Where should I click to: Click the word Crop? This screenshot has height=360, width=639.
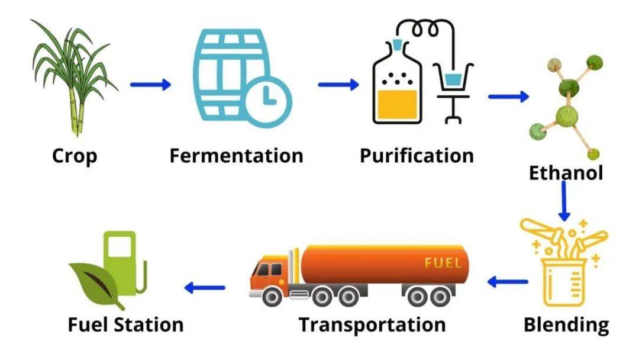75,156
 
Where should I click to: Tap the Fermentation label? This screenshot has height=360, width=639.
236,156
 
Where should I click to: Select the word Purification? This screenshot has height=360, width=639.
417,156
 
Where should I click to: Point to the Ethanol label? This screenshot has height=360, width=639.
566,173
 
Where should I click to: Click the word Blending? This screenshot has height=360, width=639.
566,325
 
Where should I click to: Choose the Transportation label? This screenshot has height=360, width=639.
372,325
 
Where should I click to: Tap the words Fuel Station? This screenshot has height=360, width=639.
125,325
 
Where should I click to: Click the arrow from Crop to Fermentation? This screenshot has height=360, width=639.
150,85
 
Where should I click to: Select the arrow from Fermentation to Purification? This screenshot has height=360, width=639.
338,85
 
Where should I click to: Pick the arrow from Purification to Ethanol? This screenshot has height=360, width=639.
509,97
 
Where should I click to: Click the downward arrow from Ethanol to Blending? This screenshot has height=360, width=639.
564,201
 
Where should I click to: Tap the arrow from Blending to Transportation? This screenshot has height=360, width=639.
508,281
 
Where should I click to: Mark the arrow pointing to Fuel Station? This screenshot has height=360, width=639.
205,287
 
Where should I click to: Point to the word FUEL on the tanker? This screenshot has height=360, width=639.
443,263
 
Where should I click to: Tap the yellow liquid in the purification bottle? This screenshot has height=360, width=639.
398,104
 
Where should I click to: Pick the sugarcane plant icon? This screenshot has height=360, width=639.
73,78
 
